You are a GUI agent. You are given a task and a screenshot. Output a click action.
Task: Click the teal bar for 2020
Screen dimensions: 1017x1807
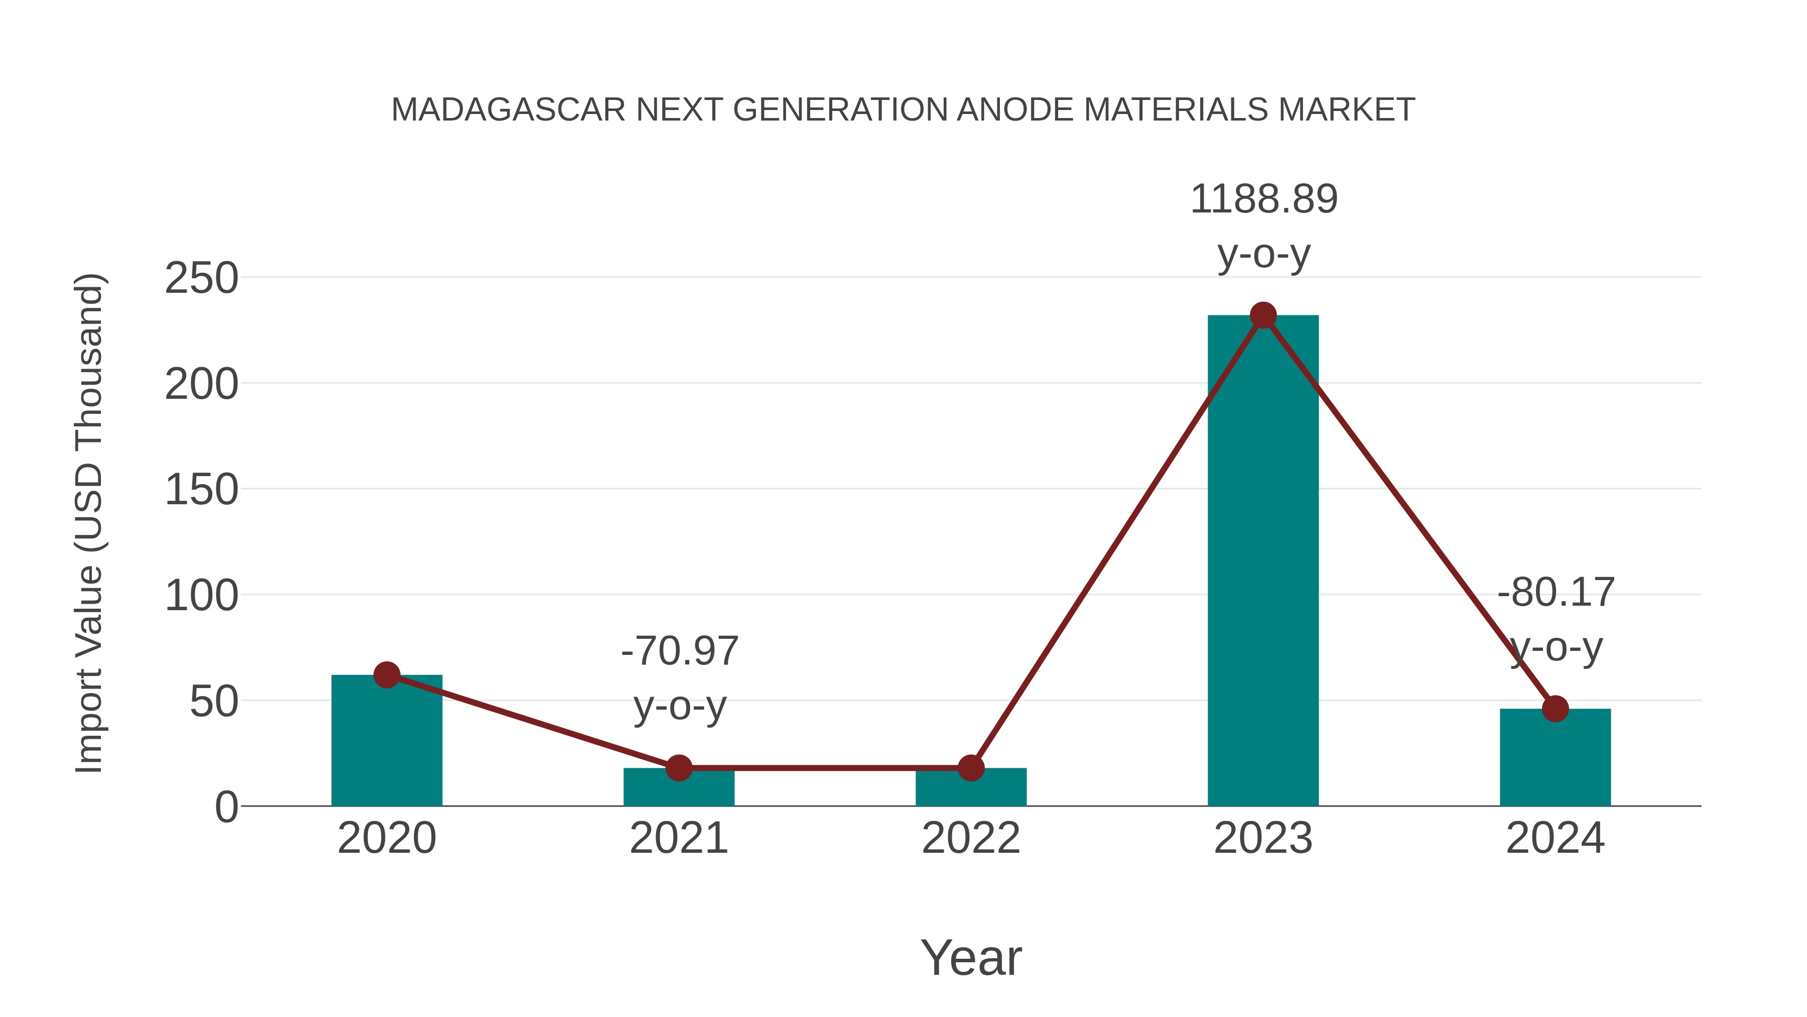click(386, 744)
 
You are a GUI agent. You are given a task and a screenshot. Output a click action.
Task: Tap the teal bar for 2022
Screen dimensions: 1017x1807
click(971, 789)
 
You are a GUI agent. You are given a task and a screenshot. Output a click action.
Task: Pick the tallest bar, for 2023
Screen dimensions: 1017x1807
click(1263, 561)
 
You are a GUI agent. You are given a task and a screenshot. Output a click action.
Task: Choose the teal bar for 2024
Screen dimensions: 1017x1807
click(1555, 761)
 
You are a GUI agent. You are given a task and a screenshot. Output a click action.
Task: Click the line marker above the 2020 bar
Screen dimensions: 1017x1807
click(386, 675)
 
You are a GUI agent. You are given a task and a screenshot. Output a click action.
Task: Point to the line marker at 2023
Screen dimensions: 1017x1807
click(1263, 316)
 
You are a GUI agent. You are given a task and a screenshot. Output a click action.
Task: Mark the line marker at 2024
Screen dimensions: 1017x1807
click(1555, 709)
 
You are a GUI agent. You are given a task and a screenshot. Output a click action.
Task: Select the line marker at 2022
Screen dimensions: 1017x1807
click(971, 768)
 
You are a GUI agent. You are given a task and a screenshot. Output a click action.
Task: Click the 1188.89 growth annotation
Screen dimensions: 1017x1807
click(1264, 199)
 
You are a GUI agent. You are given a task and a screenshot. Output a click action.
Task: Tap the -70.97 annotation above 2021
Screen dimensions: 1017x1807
click(680, 651)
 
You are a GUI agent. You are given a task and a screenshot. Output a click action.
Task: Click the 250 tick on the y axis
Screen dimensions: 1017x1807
click(201, 279)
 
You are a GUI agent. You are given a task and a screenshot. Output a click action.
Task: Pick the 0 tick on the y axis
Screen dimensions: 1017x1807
click(226, 807)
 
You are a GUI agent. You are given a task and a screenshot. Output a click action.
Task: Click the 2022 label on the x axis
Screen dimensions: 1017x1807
click(971, 838)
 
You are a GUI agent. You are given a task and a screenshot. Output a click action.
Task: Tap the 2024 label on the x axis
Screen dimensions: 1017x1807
click(1555, 838)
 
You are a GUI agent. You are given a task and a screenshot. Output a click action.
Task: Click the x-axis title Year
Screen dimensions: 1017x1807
click(971, 958)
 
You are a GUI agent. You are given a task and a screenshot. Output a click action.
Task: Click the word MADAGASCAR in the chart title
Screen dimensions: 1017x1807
click(508, 110)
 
